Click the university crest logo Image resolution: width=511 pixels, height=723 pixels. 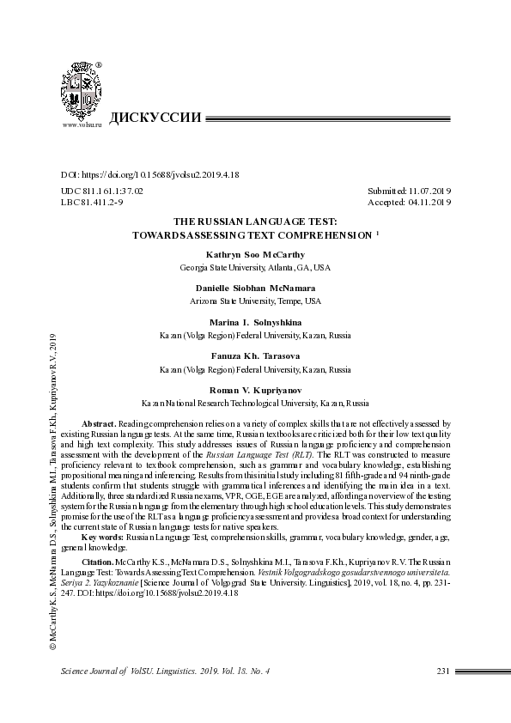82,92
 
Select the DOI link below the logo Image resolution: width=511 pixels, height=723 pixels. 149,174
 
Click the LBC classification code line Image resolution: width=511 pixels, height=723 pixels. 92,202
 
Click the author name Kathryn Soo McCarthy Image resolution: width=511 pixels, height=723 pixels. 255,255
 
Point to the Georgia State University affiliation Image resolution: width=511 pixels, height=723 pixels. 255,268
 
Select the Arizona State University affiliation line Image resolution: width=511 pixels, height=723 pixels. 255,301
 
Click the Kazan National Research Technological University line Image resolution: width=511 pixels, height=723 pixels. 255,402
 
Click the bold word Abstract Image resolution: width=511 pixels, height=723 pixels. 98,424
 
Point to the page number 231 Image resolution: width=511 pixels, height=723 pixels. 444,671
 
